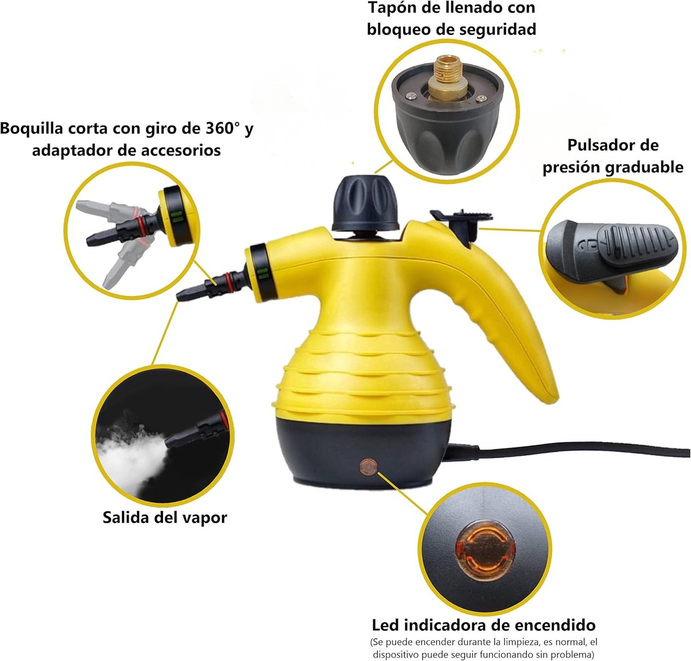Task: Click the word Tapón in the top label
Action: click(394, 8)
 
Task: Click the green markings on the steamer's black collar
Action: click(263, 273)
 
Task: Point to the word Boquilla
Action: click(31, 128)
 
